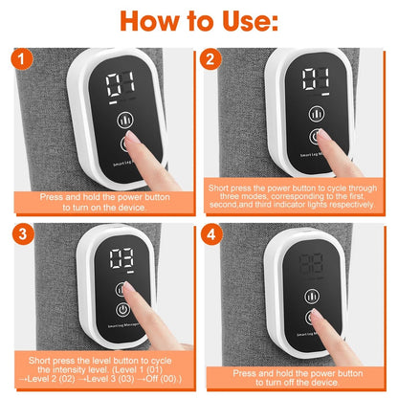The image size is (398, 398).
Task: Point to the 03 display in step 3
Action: [x=121, y=258]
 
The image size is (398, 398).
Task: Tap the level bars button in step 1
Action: [x=124, y=120]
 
